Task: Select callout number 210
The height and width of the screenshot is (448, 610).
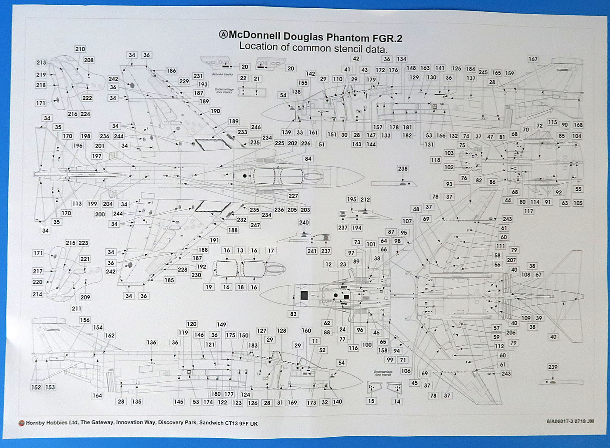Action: [x=80, y=49]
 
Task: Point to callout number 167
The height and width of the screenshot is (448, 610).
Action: [x=533, y=59]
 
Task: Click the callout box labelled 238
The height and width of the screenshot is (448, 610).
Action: [x=403, y=168]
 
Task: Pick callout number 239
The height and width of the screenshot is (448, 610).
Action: [x=552, y=367]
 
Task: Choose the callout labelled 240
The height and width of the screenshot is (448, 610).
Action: [x=304, y=222]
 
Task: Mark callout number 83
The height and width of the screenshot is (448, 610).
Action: [x=293, y=314]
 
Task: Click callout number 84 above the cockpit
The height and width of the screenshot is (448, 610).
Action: [x=308, y=159]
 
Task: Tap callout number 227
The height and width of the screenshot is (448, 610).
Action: [x=293, y=196]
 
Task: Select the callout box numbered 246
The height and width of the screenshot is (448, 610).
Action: [x=256, y=127]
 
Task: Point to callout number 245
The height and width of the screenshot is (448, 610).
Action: [x=483, y=72]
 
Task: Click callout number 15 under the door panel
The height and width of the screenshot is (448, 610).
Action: [x=371, y=401]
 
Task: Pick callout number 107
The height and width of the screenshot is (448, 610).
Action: [x=407, y=221]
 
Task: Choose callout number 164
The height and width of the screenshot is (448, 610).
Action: [x=97, y=395]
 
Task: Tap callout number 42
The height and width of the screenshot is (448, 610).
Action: [x=356, y=59]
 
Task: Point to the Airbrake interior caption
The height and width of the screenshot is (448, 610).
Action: [x=223, y=74]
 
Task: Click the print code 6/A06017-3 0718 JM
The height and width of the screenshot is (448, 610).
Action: [x=570, y=421]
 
